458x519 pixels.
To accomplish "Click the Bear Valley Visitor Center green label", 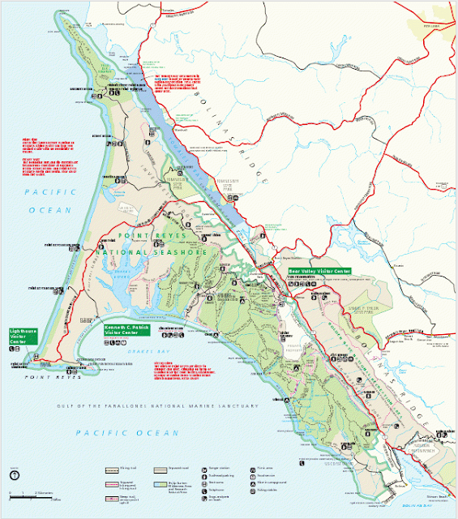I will coord(320,271).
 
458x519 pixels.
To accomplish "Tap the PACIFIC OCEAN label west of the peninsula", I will coord(49,199).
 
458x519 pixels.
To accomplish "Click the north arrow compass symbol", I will coord(15,476).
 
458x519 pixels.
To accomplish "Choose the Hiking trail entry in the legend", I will coord(122,468).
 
